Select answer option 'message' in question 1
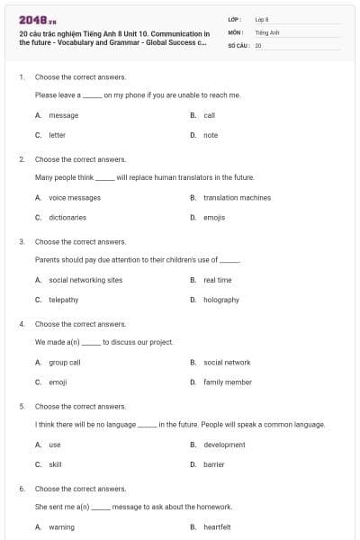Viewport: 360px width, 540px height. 63,115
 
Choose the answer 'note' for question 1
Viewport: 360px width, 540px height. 211,135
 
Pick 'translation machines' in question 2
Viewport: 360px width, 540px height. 237,198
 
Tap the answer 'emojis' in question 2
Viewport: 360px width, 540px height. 214,217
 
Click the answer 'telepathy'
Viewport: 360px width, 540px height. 63,300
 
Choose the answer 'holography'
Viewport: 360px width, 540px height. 221,300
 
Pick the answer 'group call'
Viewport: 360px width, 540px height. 65,362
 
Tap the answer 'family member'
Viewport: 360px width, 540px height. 228,382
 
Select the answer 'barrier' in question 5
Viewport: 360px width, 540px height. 214,464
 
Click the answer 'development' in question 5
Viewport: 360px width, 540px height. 224,445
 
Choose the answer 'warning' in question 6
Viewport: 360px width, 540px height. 61,527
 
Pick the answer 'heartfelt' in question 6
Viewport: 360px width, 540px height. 218,527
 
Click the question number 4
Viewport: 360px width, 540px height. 22,323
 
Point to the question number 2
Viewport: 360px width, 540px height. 22,158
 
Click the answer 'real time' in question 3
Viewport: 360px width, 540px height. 218,280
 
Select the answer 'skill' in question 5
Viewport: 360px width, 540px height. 55,464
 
